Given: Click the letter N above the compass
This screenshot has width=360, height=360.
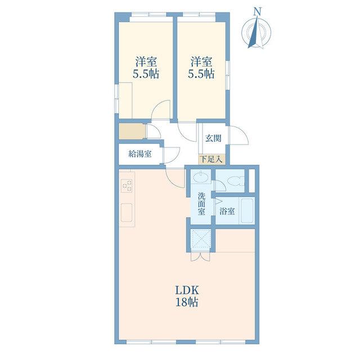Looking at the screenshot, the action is [258, 12].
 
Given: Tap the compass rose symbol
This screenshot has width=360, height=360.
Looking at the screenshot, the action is [256, 33].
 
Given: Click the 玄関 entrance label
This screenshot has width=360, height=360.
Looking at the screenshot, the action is [213, 138].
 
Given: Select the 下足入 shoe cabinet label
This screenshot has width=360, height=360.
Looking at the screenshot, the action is [211, 159].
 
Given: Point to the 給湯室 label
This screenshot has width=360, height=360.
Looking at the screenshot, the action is [140, 154].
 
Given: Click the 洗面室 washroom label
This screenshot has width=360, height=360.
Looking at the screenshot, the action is [201, 204].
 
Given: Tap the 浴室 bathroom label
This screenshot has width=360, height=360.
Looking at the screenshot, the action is [227, 211].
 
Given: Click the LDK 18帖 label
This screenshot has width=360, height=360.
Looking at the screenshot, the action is [187, 296].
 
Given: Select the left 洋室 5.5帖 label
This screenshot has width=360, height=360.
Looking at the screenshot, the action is [146, 67].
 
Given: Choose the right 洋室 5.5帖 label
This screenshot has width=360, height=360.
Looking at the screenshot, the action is [201, 67].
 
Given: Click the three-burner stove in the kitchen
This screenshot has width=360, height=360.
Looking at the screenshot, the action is [127, 186].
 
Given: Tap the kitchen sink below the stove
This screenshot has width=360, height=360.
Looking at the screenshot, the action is [127, 213].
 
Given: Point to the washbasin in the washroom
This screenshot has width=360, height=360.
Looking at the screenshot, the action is [201, 177].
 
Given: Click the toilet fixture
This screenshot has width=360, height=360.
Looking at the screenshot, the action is [235, 181].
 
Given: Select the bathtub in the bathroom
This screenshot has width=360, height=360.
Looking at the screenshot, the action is [247, 210].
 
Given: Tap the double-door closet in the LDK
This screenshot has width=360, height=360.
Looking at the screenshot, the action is [200, 256].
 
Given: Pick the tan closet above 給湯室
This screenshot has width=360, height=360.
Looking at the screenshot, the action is [132, 131].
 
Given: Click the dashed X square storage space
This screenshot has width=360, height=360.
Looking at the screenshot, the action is [201, 240].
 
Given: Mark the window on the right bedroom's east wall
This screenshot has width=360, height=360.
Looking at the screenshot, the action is [227, 75].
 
